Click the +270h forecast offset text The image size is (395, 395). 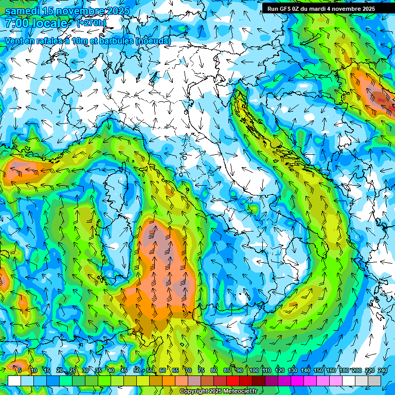[x=92, y=23]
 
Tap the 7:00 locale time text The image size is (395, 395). [x=36, y=23]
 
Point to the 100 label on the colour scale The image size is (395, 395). [x=254, y=370]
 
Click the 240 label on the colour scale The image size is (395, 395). [x=382, y=370]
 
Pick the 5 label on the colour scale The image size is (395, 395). [x=19, y=370]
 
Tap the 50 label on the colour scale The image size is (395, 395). [x=136, y=370]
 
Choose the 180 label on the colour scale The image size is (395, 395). [x=344, y=370]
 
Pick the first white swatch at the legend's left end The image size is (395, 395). [x=14, y=381]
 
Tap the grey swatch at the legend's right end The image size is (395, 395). [x=374, y=381]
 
